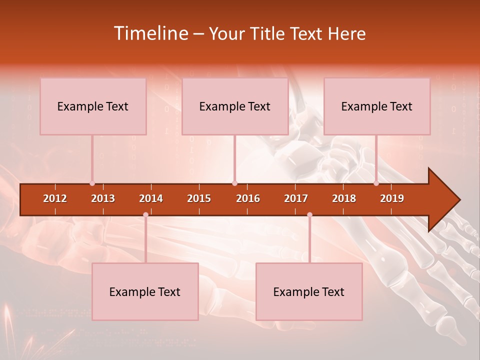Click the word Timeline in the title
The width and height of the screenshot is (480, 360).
pyautogui.click(x=150, y=33)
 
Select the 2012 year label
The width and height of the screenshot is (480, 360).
pyautogui.click(x=55, y=198)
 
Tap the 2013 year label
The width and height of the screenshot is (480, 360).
pyautogui.click(x=103, y=198)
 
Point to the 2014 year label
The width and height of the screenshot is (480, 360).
pyautogui.click(x=151, y=198)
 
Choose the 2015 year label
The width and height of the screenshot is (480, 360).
pyautogui.click(x=199, y=198)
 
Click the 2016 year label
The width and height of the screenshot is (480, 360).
pyautogui.click(x=248, y=198)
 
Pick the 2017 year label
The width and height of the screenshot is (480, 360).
pyautogui.click(x=296, y=198)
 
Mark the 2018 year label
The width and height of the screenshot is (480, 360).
pyautogui.click(x=344, y=198)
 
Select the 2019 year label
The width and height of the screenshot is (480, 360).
pyautogui.click(x=392, y=198)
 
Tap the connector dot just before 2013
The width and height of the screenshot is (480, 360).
pyautogui.click(x=92, y=183)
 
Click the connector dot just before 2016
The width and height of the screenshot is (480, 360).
pyautogui.click(x=234, y=183)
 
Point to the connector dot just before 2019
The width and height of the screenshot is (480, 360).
pyautogui.click(x=376, y=183)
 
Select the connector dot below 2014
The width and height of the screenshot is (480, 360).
pyautogui.click(x=145, y=214)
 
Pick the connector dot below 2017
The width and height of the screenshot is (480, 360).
pyautogui.click(x=309, y=214)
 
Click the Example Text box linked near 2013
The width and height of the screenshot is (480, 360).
pyautogui.click(x=93, y=106)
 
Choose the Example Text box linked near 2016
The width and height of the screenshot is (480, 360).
pyautogui.click(x=235, y=106)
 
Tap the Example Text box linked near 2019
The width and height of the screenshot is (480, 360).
pyautogui.click(x=377, y=106)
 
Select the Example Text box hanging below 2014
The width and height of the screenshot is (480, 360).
pyautogui.click(x=145, y=292)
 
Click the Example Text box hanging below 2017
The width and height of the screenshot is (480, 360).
pyautogui.click(x=309, y=292)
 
